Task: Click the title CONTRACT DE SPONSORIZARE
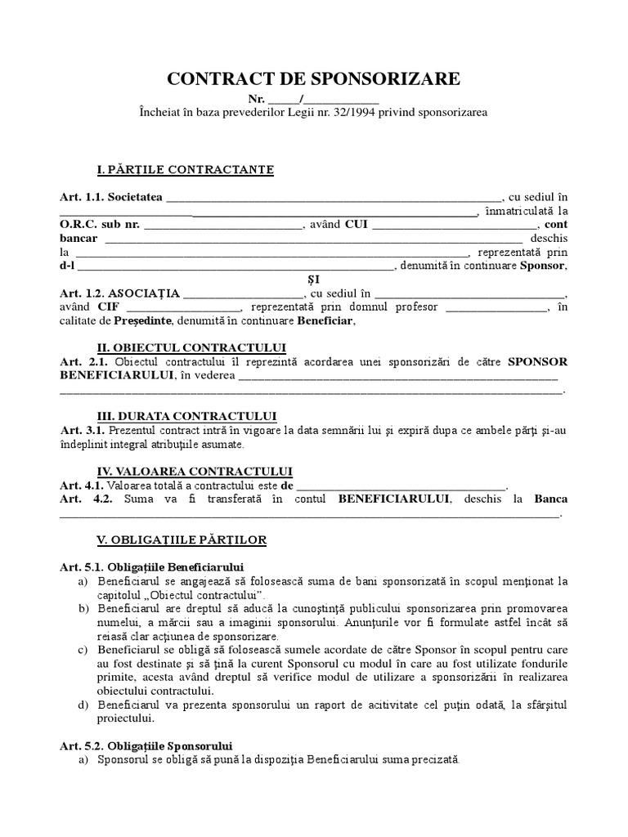(314, 79)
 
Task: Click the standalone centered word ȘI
(314, 280)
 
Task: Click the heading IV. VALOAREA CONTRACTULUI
(195, 472)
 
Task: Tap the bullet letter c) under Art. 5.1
(83, 650)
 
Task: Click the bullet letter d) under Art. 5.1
(83, 705)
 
